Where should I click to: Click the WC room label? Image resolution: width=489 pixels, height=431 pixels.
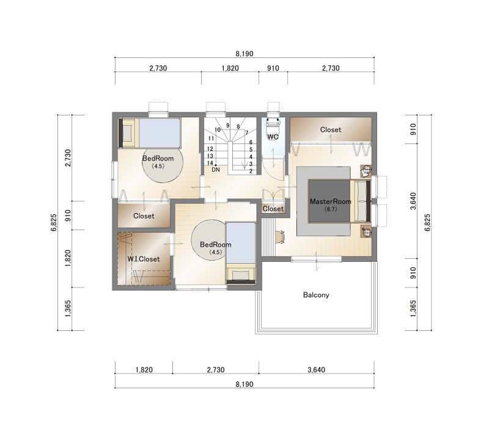[273, 137]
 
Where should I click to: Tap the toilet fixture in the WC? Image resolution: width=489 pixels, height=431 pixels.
[273, 126]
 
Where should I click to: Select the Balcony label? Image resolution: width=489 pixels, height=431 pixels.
[316, 295]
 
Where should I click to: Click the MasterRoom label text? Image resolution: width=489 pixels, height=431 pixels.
[330, 201]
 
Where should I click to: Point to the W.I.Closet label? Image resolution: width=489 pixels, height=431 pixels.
[144, 259]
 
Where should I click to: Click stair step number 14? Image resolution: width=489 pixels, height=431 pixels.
[210, 163]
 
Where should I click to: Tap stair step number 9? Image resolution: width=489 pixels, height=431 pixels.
[227, 126]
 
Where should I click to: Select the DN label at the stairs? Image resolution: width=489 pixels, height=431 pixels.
[216, 170]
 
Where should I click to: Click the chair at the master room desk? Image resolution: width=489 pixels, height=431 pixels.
[281, 237]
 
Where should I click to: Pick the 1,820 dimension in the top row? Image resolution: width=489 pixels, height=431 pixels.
[230, 68]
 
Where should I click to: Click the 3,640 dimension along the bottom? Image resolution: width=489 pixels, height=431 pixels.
[316, 370]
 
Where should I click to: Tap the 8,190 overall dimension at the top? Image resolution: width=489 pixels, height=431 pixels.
[244, 54]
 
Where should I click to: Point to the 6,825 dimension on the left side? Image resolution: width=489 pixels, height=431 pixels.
[53, 222]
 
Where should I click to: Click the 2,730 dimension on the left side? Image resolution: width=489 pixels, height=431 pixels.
[68, 158]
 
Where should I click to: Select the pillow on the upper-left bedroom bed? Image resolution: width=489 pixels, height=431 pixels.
[128, 132]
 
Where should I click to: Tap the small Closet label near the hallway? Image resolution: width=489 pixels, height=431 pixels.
[273, 209]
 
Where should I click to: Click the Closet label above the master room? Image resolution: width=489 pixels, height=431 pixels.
[331, 129]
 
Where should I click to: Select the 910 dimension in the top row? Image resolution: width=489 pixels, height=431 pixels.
[273, 68]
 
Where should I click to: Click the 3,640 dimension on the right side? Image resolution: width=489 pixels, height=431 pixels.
[413, 201]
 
